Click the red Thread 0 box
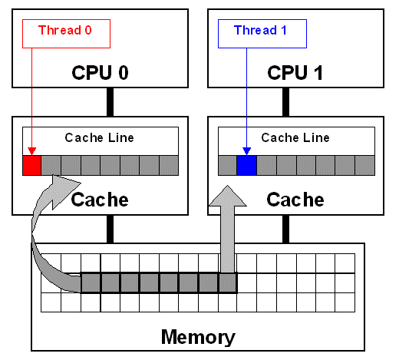point(67,32)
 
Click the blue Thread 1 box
point(262,32)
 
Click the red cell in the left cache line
point(31,165)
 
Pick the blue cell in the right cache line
point(246,165)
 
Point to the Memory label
point(198,336)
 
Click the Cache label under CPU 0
point(100,200)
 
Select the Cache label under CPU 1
point(295,200)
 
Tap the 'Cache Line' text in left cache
point(100,138)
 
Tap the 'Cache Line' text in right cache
point(295,138)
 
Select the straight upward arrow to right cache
point(229,230)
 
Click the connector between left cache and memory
point(110,229)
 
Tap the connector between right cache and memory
point(285,229)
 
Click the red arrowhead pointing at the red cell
point(31,151)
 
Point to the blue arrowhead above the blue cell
point(246,151)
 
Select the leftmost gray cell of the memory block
point(91,282)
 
